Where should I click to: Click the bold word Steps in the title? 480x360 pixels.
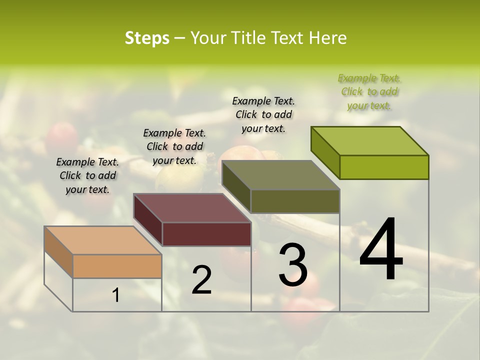point(147,38)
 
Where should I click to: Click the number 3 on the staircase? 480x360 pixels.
point(293,265)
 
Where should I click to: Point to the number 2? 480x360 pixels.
point(201,280)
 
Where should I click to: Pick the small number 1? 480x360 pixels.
point(116,295)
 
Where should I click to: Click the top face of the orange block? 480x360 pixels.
point(102,240)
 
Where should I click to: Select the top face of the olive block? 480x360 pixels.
point(280,175)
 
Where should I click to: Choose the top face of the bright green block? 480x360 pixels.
point(369,141)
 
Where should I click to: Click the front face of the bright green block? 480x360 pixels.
point(384,167)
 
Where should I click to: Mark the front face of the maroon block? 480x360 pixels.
point(206,234)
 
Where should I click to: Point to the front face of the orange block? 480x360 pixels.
point(117,266)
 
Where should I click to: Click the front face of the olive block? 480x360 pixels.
point(295,201)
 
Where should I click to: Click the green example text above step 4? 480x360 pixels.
point(369,92)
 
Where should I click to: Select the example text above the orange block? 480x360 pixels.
point(87,176)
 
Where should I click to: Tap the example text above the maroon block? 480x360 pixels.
point(174,147)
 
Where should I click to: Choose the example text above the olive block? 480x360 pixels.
point(263,115)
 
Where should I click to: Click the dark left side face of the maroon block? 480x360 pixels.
point(148,220)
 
